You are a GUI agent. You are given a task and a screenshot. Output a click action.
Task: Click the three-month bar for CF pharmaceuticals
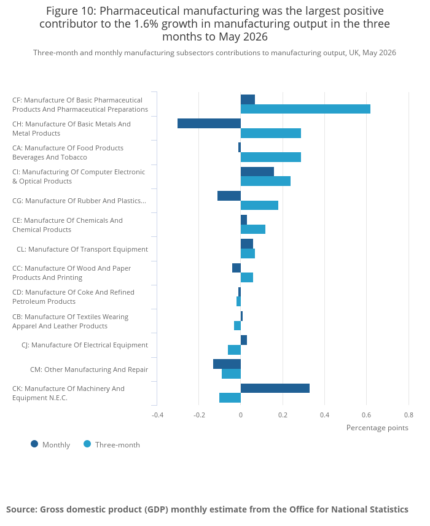pos(305,109)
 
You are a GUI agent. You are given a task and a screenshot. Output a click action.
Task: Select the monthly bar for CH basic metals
pos(209,123)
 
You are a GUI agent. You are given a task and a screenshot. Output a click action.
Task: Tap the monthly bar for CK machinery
pos(275,388)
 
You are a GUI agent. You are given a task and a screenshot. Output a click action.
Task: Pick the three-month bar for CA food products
pos(270,157)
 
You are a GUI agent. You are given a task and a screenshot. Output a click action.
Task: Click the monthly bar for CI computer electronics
pos(257,172)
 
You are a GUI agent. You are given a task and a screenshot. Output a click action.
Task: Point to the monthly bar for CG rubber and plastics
pos(229,196)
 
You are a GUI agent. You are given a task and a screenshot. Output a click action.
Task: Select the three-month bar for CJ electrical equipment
pos(234,350)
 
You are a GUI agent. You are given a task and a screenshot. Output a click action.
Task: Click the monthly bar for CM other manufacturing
pos(227,364)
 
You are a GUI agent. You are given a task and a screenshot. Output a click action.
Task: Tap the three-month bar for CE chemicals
pos(252,230)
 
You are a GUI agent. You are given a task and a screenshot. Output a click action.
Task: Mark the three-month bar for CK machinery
pos(230,398)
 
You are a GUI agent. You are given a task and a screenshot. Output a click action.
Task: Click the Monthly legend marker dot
pos(34,444)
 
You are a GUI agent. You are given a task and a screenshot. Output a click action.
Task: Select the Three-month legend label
pos(117,445)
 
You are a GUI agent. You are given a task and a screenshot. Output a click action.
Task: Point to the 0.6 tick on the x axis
pos(367,415)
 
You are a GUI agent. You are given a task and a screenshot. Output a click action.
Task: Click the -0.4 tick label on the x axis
pos(157,415)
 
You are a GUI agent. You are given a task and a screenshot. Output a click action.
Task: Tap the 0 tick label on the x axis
pos(241,415)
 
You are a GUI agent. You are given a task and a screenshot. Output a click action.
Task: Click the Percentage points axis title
pos(377,428)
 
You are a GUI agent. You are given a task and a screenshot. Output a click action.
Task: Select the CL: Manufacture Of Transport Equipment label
pos(82,249)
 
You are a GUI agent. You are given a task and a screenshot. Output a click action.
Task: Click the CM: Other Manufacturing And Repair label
pos(89,369)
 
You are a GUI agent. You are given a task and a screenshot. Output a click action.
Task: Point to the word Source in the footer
pos(21,509)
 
